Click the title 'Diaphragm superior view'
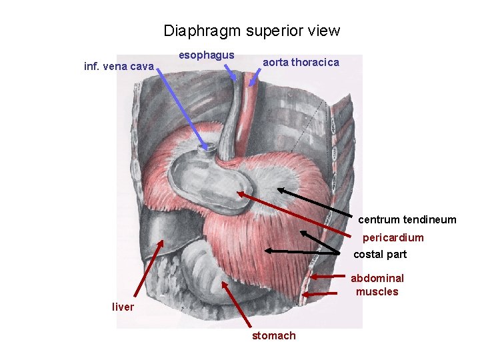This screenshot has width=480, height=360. pyautogui.click(x=251, y=31)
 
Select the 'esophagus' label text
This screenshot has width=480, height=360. pyautogui.click(x=207, y=55)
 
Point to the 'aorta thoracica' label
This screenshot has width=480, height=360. pyautogui.click(x=301, y=62)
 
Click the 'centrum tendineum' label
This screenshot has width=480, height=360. pyautogui.click(x=407, y=219)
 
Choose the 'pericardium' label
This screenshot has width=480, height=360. pyautogui.click(x=393, y=237)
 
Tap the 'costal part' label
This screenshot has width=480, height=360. pyautogui.click(x=380, y=254)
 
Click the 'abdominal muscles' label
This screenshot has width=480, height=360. pyautogui.click(x=377, y=285)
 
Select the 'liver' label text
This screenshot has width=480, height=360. pyautogui.click(x=123, y=307)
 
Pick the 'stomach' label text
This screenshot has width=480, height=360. pyautogui.click(x=273, y=335)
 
